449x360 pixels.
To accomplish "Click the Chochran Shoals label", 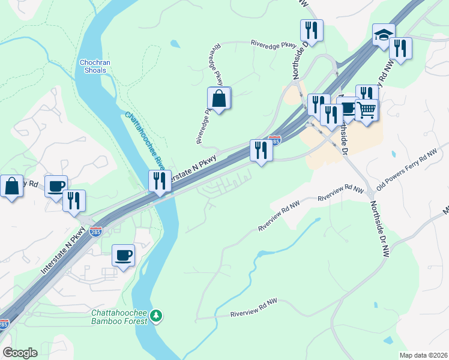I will tap(92, 67).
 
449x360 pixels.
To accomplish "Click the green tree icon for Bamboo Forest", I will tap(156, 315).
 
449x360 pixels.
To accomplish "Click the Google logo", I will tap(20, 353).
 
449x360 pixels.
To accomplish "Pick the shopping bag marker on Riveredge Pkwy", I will tap(219, 99).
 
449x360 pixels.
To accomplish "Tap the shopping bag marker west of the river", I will tap(11, 187).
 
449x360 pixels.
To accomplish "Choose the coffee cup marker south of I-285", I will tap(124, 256).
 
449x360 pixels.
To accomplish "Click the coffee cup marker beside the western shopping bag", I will tap(56, 187).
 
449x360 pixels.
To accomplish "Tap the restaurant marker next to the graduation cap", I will tap(400, 49).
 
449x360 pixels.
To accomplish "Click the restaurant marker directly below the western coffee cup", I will tap(74, 201).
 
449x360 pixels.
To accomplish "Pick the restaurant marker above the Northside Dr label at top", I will tap(312, 30).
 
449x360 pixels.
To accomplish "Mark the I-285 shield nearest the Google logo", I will tap(4, 325).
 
